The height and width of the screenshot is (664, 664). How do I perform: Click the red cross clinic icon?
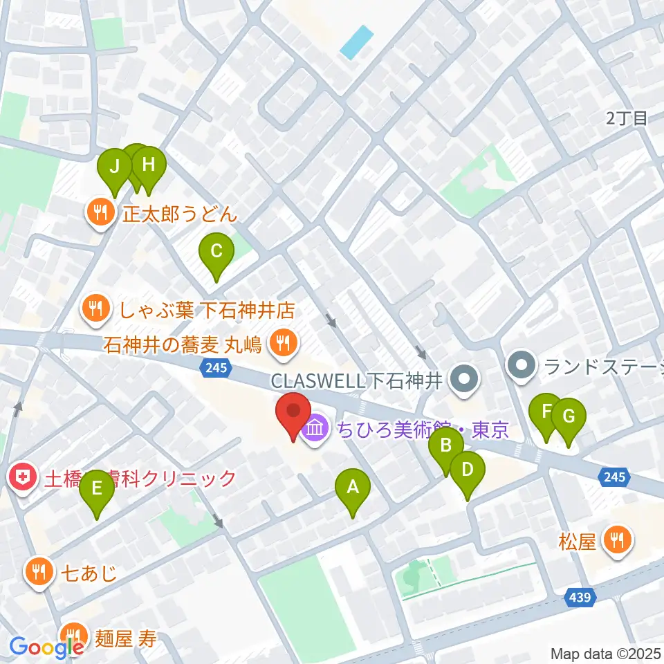[22, 478]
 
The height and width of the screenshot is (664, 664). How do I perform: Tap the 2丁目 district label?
[626, 118]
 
